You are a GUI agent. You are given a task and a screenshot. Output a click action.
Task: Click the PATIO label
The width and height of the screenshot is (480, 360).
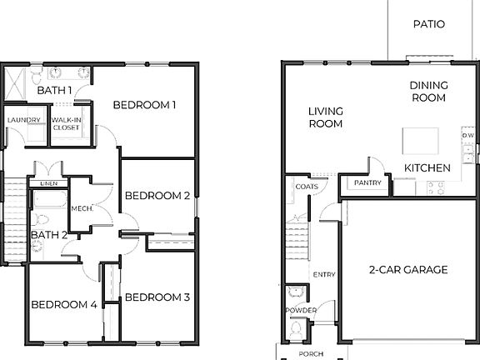tap(429, 24)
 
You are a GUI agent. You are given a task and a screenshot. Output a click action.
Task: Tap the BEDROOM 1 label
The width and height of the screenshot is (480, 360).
tap(145, 105)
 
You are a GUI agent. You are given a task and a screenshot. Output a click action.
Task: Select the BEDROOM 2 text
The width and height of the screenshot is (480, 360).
tap(157, 196)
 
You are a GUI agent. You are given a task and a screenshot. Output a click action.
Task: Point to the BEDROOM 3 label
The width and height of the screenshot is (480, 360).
tap(157, 297)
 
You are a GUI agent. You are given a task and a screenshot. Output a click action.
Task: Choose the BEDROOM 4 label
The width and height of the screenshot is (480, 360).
tap(64, 304)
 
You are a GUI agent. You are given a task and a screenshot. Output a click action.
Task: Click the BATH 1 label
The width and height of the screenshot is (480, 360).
tap(53, 90)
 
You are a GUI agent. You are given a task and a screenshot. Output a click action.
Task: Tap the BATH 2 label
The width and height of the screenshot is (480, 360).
tap(48, 235)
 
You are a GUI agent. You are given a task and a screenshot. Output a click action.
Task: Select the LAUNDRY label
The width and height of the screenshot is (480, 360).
tap(23, 120)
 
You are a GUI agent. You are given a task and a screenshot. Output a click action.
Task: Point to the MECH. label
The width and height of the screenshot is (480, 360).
tap(81, 208)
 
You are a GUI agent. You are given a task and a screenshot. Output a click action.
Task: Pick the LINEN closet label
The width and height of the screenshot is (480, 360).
tap(48, 183)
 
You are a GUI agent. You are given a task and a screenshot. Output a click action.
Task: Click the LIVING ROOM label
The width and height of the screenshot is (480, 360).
tap(326, 117)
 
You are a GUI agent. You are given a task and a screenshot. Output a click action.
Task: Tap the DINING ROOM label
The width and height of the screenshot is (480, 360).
tap(428, 91)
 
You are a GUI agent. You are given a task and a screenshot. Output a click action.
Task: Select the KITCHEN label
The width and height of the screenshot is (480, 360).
tap(427, 168)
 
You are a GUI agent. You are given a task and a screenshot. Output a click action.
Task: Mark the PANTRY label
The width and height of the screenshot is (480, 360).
tap(367, 182)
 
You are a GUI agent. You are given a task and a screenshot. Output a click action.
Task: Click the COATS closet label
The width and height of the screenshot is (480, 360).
tap(306, 187)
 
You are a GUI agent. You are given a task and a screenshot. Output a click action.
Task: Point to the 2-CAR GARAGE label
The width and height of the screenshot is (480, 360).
tap(408, 270)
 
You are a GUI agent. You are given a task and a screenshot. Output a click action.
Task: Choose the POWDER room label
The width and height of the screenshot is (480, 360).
tap(301, 310)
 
